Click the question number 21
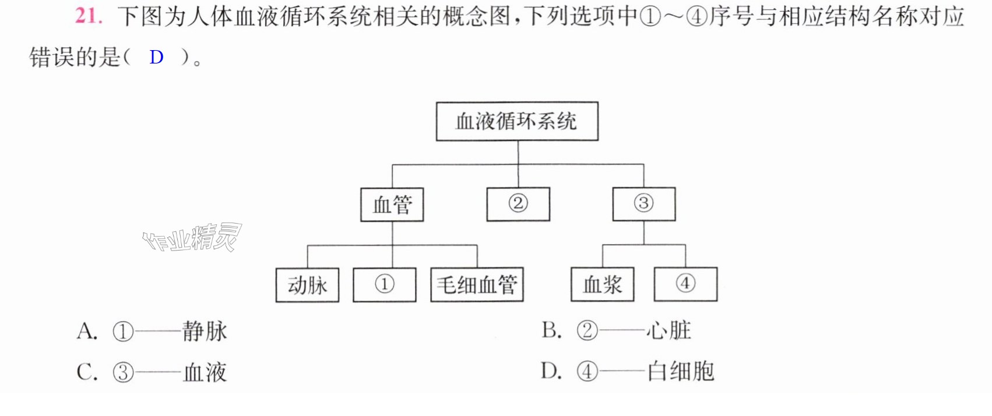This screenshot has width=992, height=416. coord(89,16)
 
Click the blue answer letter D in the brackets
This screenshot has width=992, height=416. coord(156,57)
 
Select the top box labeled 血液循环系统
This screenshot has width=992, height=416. coord(517,121)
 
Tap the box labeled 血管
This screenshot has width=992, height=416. coord(392,205)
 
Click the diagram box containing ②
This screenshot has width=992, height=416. coord(518,204)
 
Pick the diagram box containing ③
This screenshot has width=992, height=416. coord(644,204)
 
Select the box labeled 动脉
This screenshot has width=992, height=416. coord(307,285)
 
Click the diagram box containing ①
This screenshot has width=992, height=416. coord(385,284)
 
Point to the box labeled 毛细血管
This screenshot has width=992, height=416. coord(477,284)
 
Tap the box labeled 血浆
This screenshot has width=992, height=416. coord(602,284)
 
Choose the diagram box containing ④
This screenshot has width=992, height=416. coord(685,284)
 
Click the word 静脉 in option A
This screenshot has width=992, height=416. coord(205,331)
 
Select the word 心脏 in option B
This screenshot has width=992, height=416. coord(669,330)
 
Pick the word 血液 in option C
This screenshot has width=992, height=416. coord(205,372)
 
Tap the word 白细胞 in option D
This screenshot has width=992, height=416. coord(681,371)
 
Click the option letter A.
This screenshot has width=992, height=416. coord(87,331)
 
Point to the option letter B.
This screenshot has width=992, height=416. coord(551,330)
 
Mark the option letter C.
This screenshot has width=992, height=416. coord(87,372)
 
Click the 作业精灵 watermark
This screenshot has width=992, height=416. coord(192,238)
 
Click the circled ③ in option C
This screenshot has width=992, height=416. coord(123,373)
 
